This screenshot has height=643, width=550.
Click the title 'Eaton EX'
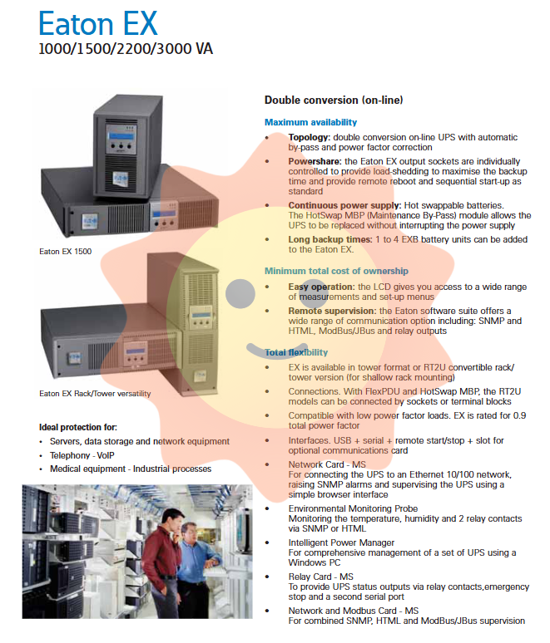point(97,22)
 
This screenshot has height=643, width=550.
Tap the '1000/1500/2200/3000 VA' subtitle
point(126,49)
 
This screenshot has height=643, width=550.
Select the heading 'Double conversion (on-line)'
point(334,101)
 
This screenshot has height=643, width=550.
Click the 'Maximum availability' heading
point(310,123)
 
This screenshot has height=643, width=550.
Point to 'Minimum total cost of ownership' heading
point(336,272)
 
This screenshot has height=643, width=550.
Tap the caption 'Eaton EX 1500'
point(65,250)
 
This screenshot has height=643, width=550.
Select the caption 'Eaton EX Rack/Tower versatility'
point(95,393)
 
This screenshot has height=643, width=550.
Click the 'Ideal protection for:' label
point(78,427)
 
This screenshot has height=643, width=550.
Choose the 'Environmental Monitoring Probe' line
point(353,508)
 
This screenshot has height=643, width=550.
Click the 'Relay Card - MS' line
point(320,577)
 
